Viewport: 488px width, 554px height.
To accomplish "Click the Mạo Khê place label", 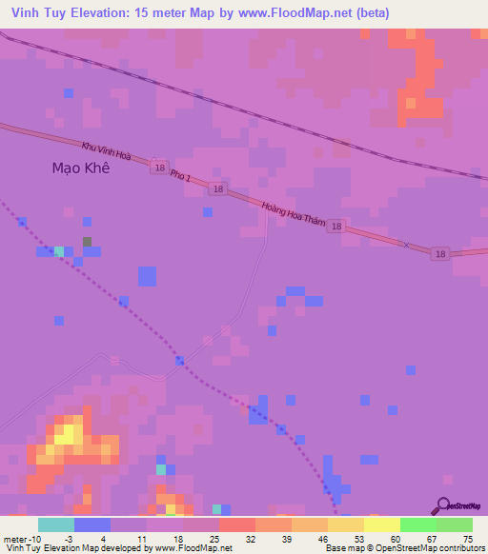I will click(80, 168).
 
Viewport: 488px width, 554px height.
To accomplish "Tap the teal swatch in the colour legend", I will click(56, 524).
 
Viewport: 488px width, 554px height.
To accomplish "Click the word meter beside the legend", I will click(16, 539).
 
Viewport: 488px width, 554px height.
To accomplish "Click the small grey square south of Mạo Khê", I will click(88, 242).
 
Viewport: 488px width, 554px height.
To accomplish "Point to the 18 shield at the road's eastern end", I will click(439, 254).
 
